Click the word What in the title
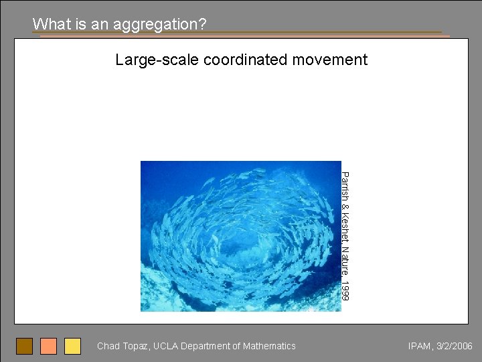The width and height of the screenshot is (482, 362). pyautogui.click(x=48, y=24)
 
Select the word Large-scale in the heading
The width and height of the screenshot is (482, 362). pyautogui.click(x=157, y=60)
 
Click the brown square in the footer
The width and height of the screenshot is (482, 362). pyautogui.click(x=24, y=346)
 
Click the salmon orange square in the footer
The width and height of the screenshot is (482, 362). pyautogui.click(x=48, y=346)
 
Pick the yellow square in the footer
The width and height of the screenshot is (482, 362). pyautogui.click(x=72, y=346)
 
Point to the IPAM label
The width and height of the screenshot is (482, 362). pyautogui.click(x=420, y=346)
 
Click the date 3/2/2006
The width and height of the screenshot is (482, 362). pyautogui.click(x=455, y=346)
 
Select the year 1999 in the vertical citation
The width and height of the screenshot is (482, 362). pyautogui.click(x=344, y=290)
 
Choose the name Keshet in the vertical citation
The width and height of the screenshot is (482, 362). pyautogui.click(x=344, y=224)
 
